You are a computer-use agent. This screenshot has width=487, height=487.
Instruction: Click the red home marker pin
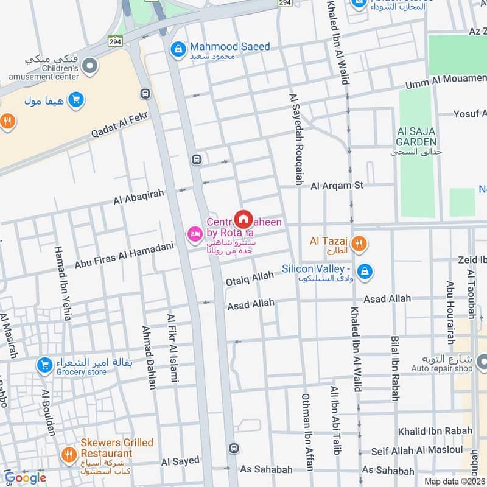[x=243, y=219]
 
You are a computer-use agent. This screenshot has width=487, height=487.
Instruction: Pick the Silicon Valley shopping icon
[x=364, y=271]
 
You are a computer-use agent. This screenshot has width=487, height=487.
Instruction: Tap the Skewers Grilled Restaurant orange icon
[x=68, y=454]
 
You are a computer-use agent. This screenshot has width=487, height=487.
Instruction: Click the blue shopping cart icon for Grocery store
[x=44, y=365]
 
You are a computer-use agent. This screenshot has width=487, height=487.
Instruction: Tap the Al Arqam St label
[x=337, y=186]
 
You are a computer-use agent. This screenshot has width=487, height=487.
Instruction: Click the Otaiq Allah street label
[x=250, y=279]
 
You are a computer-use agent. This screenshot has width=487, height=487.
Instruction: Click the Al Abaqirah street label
[x=139, y=196]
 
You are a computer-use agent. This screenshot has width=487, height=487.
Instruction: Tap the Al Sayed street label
[x=180, y=461]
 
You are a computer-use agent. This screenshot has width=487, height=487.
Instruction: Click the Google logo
[x=26, y=478]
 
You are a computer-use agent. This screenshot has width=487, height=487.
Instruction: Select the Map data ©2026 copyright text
[x=455, y=482]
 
